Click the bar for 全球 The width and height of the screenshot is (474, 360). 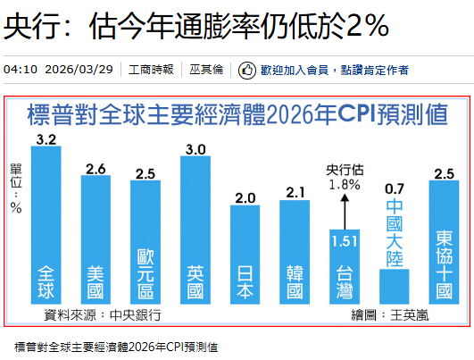pos(46,228)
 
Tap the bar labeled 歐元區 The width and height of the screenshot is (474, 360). pos(146,243)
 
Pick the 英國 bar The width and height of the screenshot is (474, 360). pos(195,230)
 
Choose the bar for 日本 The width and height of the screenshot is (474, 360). pos(245,255)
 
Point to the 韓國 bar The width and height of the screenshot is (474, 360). pos(295,253)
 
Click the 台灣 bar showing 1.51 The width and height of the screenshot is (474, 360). pos(344,268)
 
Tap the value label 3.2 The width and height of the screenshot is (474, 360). pos(46,138)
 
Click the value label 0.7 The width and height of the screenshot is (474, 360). pos(394,188)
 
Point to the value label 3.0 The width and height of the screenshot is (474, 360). pos(195,149)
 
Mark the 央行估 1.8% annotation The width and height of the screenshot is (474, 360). pos(344,177)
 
